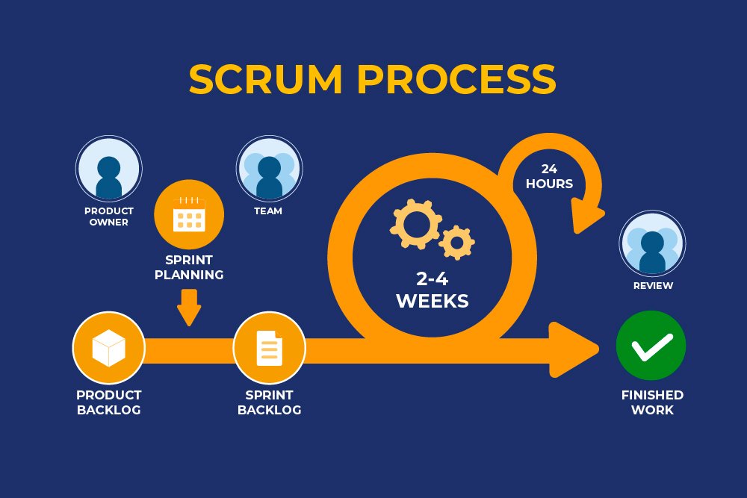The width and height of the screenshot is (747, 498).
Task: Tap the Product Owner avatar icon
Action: click(109, 169)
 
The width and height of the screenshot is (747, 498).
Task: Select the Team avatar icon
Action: click(269, 169)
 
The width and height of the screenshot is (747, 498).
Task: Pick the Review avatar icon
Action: click(652, 243)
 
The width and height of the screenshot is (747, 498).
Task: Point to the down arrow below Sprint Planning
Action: click(189, 307)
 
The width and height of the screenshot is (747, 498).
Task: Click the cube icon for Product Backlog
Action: click(108, 348)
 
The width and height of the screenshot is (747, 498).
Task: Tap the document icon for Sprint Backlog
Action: click(269, 348)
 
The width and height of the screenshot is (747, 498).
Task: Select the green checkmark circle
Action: click(651, 346)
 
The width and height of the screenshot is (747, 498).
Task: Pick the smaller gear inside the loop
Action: click(456, 241)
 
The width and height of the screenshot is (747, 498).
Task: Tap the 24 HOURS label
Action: click(549, 176)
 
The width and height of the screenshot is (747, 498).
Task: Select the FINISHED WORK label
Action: click(652, 402)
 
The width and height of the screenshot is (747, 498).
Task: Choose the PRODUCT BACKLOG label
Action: click(109, 402)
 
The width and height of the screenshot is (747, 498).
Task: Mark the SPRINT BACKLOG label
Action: click(269, 402)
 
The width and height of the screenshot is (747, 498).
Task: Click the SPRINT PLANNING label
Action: click(189, 267)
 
